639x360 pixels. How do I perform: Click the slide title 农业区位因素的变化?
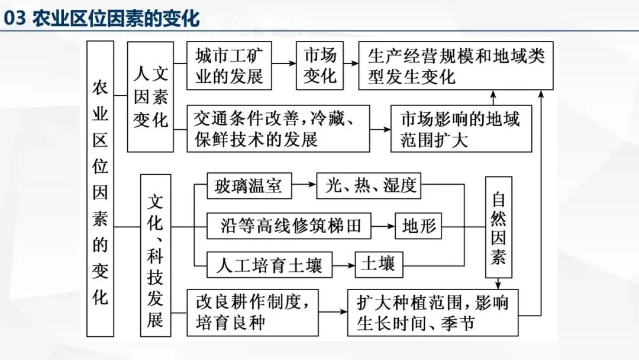point(115,19)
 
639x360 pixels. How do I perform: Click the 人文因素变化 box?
point(151,97)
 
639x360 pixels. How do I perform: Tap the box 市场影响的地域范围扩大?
point(461,128)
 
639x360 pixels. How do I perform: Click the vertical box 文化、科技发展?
point(156,255)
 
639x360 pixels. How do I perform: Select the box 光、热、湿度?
point(369,187)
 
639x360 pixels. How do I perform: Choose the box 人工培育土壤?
point(269,265)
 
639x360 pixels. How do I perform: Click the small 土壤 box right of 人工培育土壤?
point(378,264)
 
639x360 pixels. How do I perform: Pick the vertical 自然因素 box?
point(498,227)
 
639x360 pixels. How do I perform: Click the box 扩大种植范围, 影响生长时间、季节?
point(433,312)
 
